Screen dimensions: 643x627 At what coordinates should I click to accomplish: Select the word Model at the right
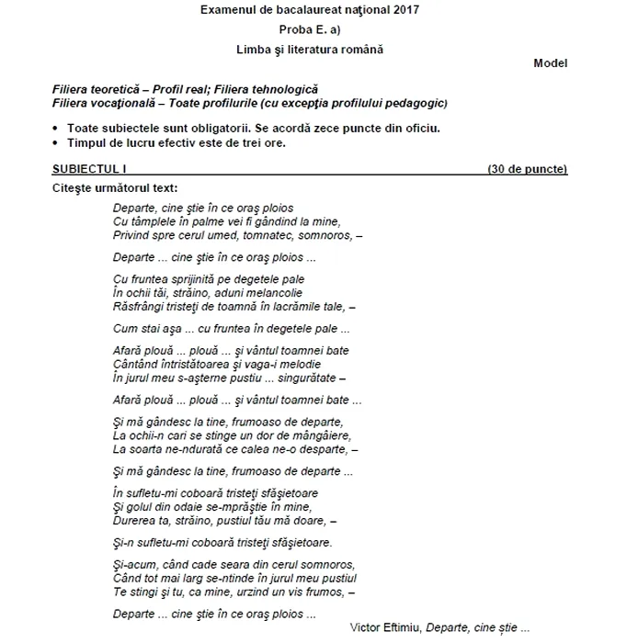click(x=550, y=63)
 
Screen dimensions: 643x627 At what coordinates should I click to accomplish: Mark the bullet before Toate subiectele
click(x=57, y=129)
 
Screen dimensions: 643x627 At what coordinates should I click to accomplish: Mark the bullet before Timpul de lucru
click(x=57, y=143)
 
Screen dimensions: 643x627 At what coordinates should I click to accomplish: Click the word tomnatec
click(x=252, y=235)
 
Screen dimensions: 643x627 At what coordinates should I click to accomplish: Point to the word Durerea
click(x=133, y=520)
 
